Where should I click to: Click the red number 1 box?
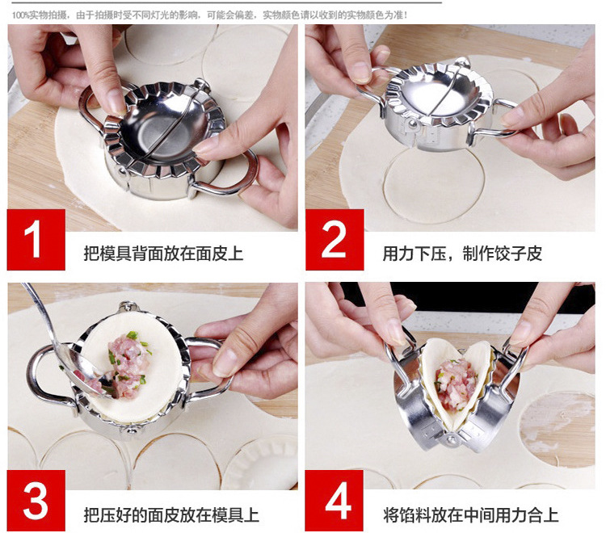tap(36, 240)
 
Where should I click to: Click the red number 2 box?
tap(335, 240)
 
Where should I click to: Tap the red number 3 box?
tap(36, 501)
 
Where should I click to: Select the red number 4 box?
tap(335, 501)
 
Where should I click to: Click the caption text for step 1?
tap(163, 254)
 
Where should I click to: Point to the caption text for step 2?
tap(462, 254)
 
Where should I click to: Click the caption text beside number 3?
tap(171, 515)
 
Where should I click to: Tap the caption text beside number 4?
tap(471, 515)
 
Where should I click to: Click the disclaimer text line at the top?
tap(209, 15)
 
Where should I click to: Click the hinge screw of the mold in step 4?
tap(451, 439)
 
